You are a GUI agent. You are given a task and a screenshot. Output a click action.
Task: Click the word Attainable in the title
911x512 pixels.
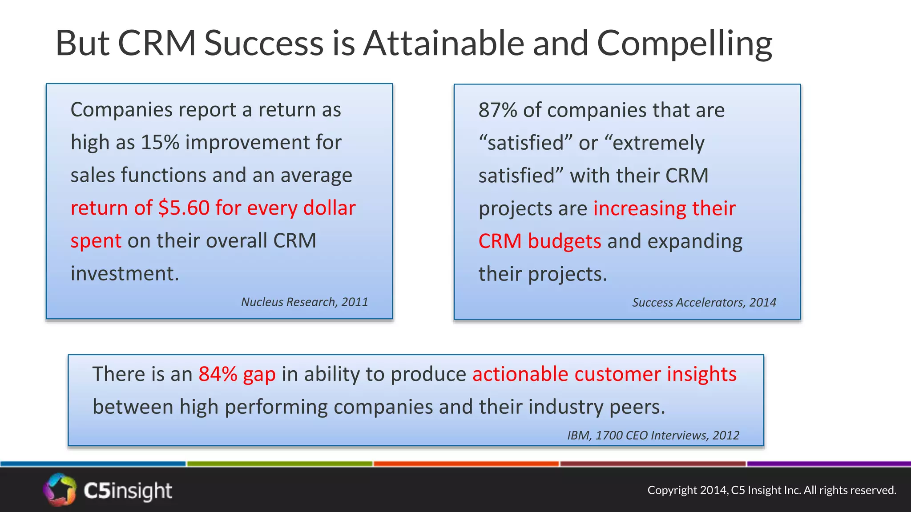(x=444, y=43)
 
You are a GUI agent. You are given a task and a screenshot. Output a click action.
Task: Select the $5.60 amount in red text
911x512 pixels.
(x=184, y=208)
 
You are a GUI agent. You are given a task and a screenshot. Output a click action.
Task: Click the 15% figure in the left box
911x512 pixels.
(x=160, y=143)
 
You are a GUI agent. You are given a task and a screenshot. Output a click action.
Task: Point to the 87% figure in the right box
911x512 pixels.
(x=497, y=110)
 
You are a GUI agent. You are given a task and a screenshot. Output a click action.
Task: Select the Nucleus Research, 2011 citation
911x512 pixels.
(x=304, y=302)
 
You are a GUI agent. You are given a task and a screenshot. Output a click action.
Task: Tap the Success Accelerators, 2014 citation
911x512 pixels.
(x=704, y=303)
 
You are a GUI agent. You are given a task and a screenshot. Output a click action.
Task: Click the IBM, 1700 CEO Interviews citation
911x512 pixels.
(x=653, y=436)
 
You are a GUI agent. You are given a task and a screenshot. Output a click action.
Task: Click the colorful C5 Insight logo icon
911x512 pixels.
(x=60, y=490)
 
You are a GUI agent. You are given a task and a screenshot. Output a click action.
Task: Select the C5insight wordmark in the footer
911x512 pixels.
(x=128, y=491)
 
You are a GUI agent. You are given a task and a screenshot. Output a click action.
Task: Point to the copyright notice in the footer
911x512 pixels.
(x=771, y=490)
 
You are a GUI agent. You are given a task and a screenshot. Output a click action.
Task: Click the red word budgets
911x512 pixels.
(x=564, y=241)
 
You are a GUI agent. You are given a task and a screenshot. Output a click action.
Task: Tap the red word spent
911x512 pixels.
(x=96, y=241)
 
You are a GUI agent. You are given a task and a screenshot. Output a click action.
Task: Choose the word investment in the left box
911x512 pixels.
(x=124, y=274)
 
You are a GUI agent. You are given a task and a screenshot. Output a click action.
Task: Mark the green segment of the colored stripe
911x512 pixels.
(x=279, y=464)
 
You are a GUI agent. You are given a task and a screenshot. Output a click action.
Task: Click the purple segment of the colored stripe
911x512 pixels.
(x=828, y=464)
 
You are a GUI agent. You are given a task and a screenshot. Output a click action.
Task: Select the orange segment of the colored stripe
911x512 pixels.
(x=466, y=464)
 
